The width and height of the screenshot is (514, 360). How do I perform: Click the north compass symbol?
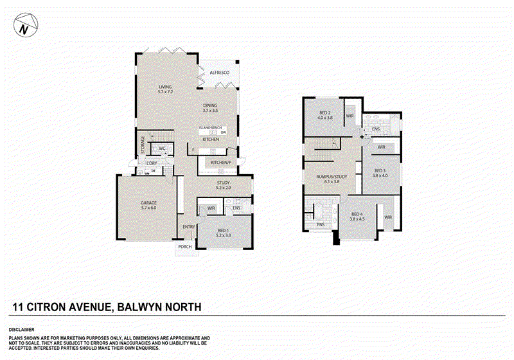coord(24,28)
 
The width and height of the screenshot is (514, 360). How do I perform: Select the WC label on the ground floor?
coord(163,148)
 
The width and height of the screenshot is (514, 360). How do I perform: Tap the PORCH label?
coord(185,246)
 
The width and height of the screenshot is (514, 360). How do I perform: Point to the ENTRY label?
coord(189,226)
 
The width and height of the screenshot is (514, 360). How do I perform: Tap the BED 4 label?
coord(357,215)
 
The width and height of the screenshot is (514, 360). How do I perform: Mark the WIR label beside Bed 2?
coord(350,116)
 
